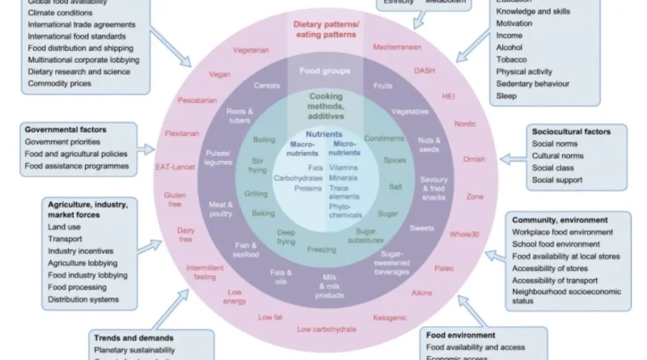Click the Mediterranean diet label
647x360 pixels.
[396, 48]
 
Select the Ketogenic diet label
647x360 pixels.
[390, 318]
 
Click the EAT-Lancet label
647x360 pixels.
[172, 167]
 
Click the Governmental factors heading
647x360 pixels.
[66, 129]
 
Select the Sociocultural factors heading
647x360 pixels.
[571, 131]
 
